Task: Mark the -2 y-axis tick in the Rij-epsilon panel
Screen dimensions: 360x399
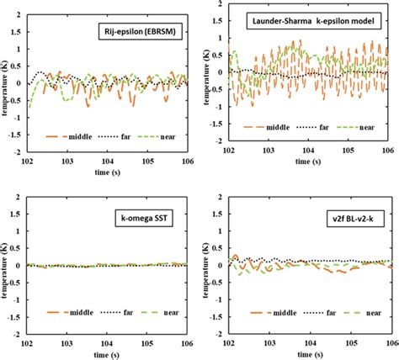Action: tap(18, 154)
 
